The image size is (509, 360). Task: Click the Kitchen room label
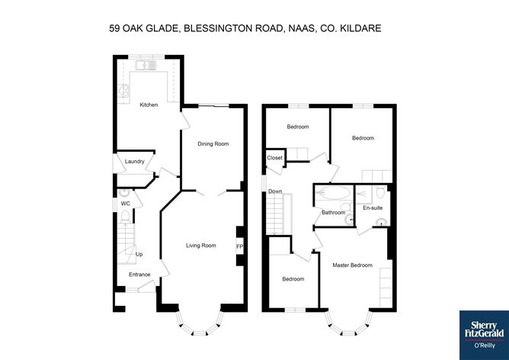click(149, 104)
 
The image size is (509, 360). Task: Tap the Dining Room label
click(213, 143)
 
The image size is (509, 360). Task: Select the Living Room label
click(201, 246)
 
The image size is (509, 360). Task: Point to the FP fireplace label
click(239, 247)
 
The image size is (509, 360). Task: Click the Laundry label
click(134, 162)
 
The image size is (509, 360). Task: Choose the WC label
click(125, 204)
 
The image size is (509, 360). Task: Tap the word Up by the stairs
click(139, 254)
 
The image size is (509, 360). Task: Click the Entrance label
click(139, 275)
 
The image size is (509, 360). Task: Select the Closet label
click(274, 158)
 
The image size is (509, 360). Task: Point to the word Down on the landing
click(275, 191)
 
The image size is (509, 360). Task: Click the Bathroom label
click(334, 213)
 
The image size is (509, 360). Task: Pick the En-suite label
click(373, 207)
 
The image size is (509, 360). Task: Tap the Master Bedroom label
click(353, 265)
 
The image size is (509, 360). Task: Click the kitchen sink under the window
click(146, 66)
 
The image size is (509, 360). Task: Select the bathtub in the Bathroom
click(334, 193)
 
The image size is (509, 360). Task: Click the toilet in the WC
click(125, 217)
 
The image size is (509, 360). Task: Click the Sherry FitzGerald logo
click(484, 335)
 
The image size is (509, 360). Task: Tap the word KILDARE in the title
click(360, 28)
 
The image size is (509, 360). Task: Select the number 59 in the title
click(114, 28)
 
